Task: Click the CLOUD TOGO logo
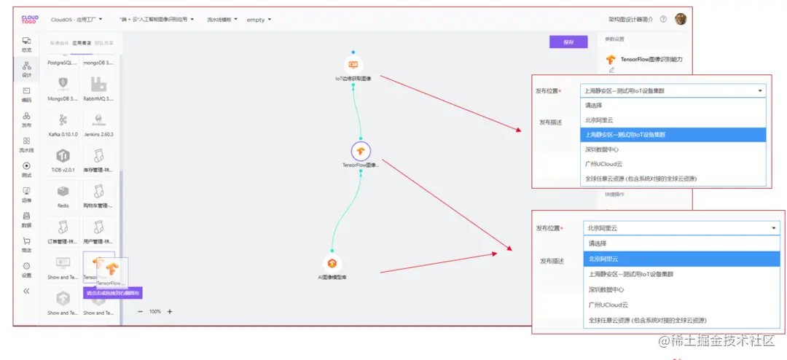coord(30,20)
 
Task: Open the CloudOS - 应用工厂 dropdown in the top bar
coord(81,20)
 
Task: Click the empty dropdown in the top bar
coord(259,20)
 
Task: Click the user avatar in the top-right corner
coord(680,20)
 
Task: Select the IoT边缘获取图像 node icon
coord(353,65)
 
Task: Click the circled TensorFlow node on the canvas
coord(361,151)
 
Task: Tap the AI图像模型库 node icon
coord(332,263)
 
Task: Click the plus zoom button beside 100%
coord(170,311)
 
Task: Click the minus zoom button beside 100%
coord(141,311)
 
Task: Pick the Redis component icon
coord(63,191)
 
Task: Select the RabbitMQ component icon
coord(98,85)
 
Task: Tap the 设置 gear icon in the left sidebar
coord(27,266)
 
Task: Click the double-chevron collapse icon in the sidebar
coord(27,291)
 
